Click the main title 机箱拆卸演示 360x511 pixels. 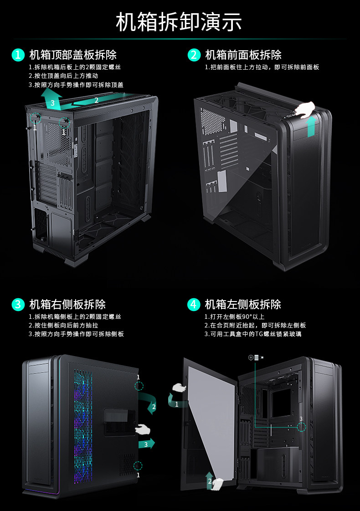click(179, 22)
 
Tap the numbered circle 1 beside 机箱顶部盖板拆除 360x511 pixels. click(18, 55)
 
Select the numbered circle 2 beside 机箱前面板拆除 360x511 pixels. click(194, 55)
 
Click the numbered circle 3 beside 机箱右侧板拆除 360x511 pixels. click(18, 304)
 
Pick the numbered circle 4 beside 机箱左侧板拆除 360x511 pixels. click(194, 304)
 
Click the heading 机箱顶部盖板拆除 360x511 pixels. click(73, 55)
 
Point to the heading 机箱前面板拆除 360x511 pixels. click(243, 55)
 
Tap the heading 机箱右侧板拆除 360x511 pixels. click(67, 304)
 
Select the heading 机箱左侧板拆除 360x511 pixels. click(243, 304)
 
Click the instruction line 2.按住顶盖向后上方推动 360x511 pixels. click(63, 76)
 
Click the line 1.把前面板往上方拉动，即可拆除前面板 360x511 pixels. click(262, 67)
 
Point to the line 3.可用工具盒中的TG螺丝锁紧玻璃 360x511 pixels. click(252, 334)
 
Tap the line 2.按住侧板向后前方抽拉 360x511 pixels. click(63, 325)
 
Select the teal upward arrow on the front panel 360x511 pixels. click(311, 126)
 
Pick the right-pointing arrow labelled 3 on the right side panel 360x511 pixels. click(146, 444)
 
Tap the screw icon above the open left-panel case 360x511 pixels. click(256, 358)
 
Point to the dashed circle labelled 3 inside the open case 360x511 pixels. click(301, 427)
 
